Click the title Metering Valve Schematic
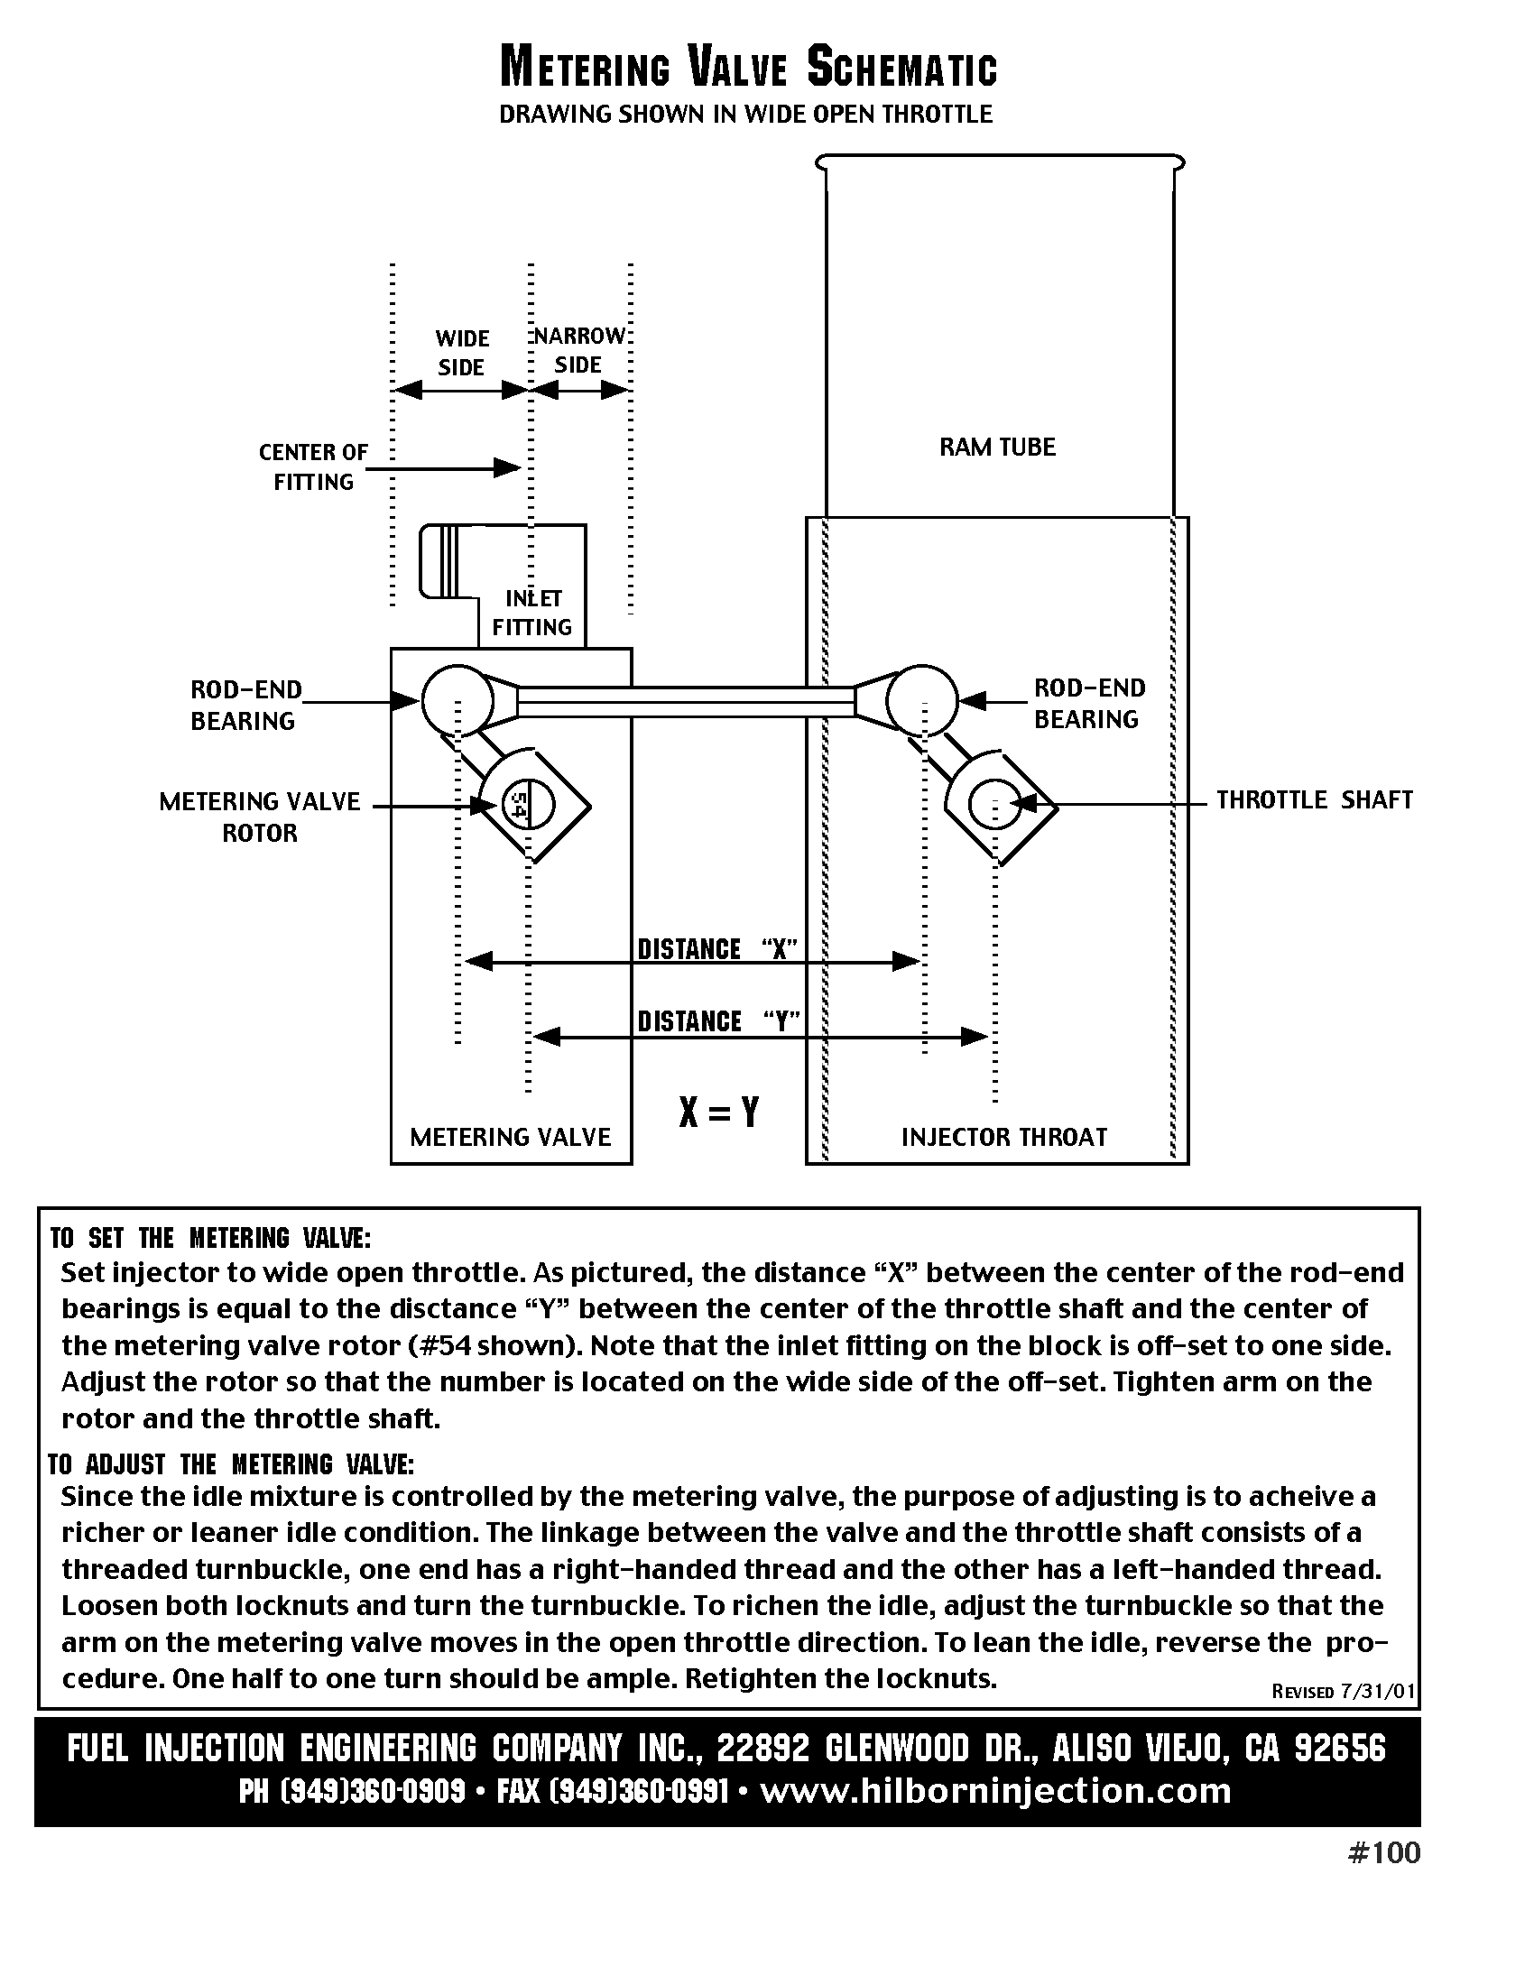[749, 69]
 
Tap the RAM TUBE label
[997, 448]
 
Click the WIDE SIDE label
[462, 353]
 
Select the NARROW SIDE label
[579, 350]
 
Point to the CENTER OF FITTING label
[313, 467]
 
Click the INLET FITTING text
[532, 613]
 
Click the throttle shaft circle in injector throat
[996, 804]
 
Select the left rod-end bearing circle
[457, 700]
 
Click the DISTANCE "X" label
[717, 949]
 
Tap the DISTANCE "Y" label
[718, 1021]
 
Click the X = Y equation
[718, 1112]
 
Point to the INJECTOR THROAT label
[1003, 1137]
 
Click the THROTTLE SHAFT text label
[1314, 799]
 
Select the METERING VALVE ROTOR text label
[260, 817]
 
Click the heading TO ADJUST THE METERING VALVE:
[231, 1464]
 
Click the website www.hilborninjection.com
[995, 1790]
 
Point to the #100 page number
[1383, 1853]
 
